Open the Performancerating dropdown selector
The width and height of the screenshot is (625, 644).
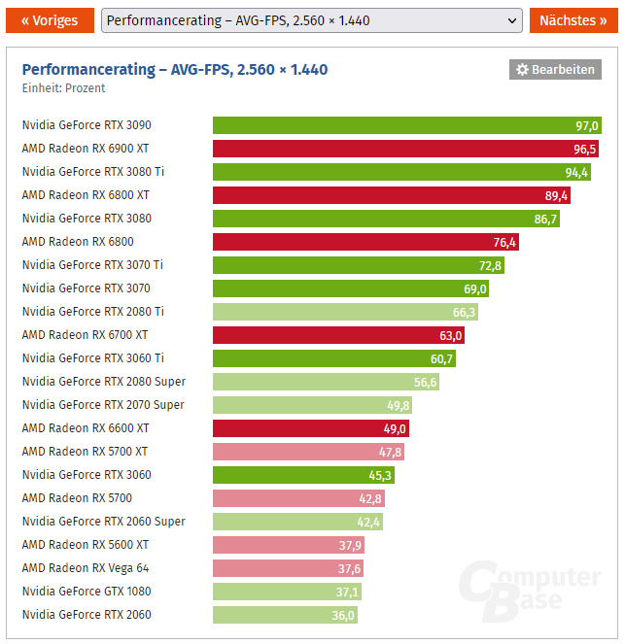coord(311,20)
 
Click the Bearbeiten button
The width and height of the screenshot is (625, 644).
coord(555,69)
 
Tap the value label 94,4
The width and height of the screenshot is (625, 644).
coord(576,172)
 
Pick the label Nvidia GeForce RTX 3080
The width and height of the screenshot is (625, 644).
coord(87,219)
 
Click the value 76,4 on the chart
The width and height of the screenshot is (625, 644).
coord(504,242)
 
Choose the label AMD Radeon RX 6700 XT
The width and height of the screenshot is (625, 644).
coord(85,335)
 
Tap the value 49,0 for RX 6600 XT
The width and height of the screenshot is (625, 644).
coord(395,428)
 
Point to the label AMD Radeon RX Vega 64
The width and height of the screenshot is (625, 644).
coord(86,568)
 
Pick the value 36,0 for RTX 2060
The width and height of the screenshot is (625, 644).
coord(344,615)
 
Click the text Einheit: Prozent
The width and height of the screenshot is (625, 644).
coord(64,88)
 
